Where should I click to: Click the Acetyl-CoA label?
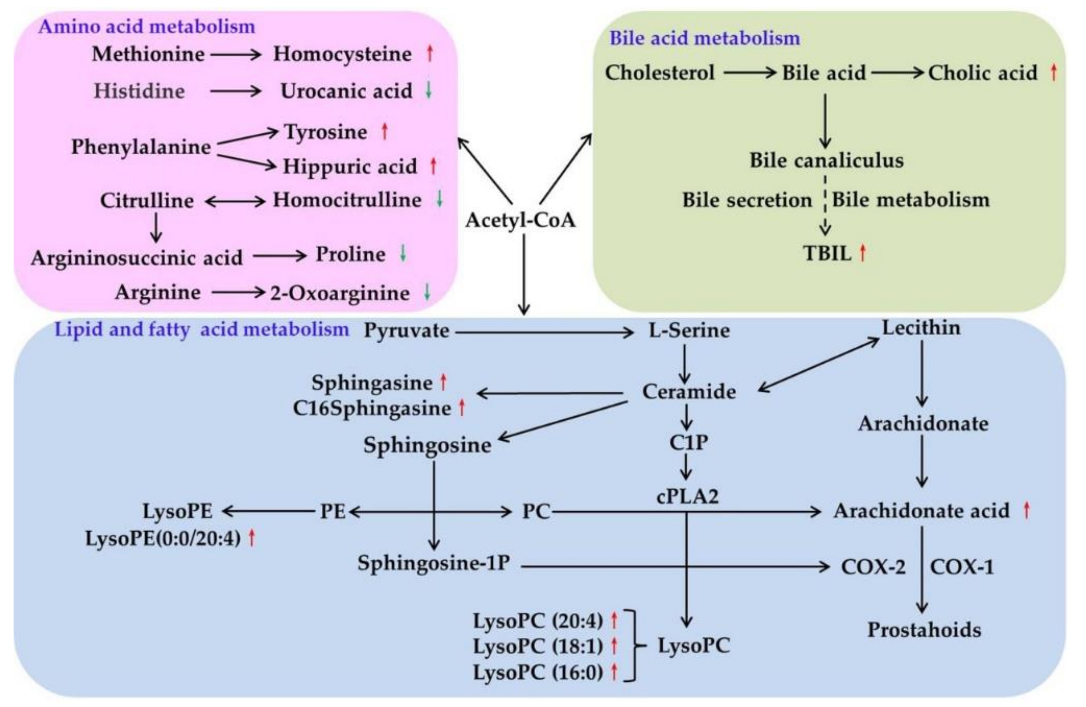[x=521, y=220]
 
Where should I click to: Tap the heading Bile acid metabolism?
[x=704, y=38]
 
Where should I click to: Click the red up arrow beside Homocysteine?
[x=429, y=53]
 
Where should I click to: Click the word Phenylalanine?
[x=141, y=147]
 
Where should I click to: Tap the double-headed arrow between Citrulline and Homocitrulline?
[x=235, y=201]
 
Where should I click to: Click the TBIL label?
[x=827, y=253]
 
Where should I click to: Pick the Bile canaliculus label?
[x=826, y=160]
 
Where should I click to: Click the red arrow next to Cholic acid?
[x=1053, y=72]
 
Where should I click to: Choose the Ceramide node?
[x=689, y=392]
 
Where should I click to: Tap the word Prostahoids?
[x=924, y=630]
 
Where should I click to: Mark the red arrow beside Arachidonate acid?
[x=1026, y=511]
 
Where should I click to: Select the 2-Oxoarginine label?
[x=340, y=293]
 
